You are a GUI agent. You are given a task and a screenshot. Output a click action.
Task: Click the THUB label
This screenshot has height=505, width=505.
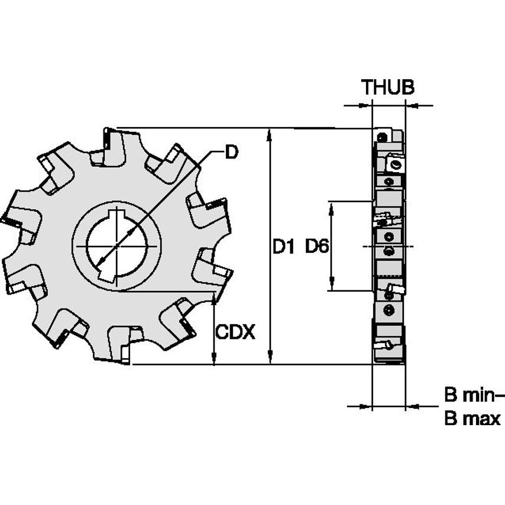coord(388,88)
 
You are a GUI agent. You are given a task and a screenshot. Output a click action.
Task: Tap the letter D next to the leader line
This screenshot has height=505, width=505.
coord(231,152)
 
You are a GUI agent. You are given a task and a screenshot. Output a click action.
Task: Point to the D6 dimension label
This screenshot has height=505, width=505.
coord(317,247)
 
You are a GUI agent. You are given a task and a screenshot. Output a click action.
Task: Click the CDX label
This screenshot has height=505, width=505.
coord(235,332)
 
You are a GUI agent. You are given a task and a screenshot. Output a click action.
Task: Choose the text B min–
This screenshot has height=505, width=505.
coord(472,394)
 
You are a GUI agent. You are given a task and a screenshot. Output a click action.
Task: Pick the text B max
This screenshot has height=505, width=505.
coord(472,419)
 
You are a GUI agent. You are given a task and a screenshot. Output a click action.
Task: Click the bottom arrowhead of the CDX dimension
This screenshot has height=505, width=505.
coord(214,358)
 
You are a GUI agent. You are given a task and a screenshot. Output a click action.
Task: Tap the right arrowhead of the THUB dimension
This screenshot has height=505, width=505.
coord(412,106)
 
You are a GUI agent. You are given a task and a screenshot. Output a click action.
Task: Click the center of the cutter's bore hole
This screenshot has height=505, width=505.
coord(117,246)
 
